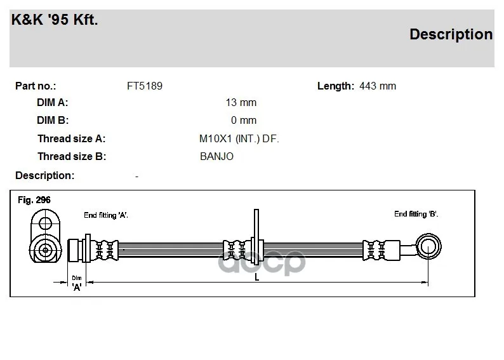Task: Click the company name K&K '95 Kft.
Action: tap(55, 20)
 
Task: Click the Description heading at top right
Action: tap(451, 34)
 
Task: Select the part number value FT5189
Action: tap(145, 86)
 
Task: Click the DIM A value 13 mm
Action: tap(241, 103)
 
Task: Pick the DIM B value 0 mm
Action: tap(244, 120)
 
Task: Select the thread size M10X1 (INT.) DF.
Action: tap(239, 138)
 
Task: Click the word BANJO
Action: tap(216, 156)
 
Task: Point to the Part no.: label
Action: tap(36, 86)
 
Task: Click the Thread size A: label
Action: tap(71, 138)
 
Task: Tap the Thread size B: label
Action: tap(71, 156)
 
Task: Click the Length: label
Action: tap(335, 86)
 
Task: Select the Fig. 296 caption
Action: tap(34, 200)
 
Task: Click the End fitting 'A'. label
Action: tap(106, 215)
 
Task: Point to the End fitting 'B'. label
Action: tap(416, 214)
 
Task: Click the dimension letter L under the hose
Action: tap(256, 276)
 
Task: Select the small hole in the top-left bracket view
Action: tap(45, 223)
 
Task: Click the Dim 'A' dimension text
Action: tap(77, 283)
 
